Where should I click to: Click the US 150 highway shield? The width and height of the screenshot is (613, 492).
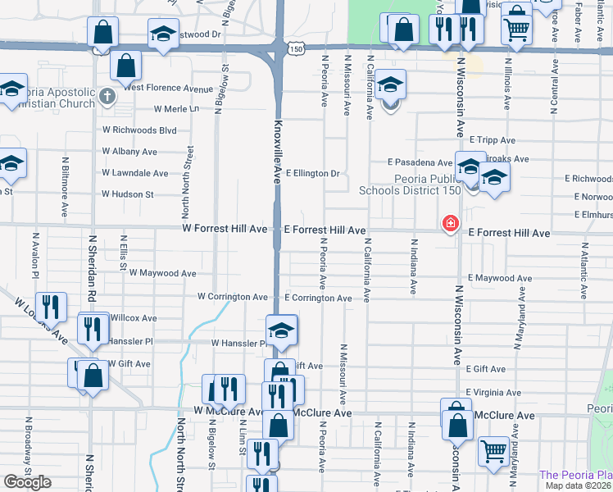(295, 49)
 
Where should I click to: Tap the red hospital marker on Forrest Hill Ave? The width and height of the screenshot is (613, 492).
(450, 223)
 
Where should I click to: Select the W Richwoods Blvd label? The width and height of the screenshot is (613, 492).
(139, 130)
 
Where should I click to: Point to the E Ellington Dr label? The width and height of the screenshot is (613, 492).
(312, 174)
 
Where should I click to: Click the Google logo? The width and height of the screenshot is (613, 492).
(27, 482)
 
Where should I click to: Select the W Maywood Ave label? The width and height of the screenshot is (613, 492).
(162, 273)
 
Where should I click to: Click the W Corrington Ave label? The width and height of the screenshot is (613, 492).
(233, 297)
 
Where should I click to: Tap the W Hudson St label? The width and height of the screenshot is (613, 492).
(127, 195)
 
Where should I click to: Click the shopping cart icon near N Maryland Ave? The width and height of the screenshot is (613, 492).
(494, 450)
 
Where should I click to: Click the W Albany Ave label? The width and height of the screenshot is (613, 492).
(129, 153)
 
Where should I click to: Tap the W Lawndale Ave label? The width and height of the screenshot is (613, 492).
(135, 174)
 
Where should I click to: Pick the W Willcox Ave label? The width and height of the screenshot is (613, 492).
(132, 317)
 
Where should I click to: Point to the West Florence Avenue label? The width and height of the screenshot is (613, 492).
(168, 88)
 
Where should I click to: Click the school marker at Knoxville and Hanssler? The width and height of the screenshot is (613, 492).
(282, 330)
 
